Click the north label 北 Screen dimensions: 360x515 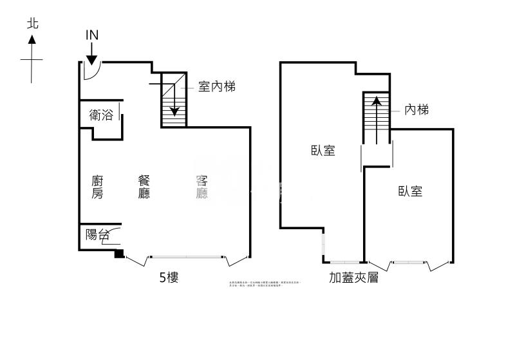pos(33,24)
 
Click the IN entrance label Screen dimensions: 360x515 pos(92,35)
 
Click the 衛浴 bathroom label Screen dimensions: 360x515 pos(102,116)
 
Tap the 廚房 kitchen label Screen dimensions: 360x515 pos(97,187)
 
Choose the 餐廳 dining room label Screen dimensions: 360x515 pos(144,187)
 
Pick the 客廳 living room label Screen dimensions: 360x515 pos(201,187)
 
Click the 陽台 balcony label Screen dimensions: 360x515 pos(97,234)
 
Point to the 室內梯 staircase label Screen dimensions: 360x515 pos(216,86)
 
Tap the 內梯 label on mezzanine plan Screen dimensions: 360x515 pos(417,110)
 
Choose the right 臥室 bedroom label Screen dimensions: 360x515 pos(410,191)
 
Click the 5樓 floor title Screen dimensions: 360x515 pos(169,278)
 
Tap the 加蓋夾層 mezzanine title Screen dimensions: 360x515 pos(353,278)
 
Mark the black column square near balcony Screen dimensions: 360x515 pos(119,254)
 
